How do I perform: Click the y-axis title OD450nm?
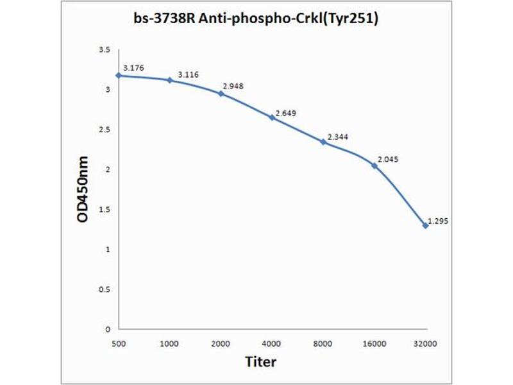click(83, 189)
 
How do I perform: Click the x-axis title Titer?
click(261, 362)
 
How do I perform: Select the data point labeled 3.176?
click(118, 75)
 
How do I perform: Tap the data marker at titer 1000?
click(169, 80)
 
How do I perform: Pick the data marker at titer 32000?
click(426, 226)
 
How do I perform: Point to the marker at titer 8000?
click(323, 142)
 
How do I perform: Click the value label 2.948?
click(233, 86)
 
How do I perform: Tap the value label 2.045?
click(387, 159)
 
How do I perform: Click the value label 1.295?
click(437, 221)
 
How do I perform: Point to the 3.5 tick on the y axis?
click(104, 50)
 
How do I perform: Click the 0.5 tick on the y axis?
click(104, 289)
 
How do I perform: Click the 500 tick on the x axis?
click(118, 344)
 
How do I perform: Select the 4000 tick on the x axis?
click(272, 344)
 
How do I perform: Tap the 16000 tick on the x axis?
click(374, 344)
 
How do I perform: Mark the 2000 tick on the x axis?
click(221, 344)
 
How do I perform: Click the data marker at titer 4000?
click(272, 117)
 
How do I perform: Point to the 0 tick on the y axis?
click(108, 329)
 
